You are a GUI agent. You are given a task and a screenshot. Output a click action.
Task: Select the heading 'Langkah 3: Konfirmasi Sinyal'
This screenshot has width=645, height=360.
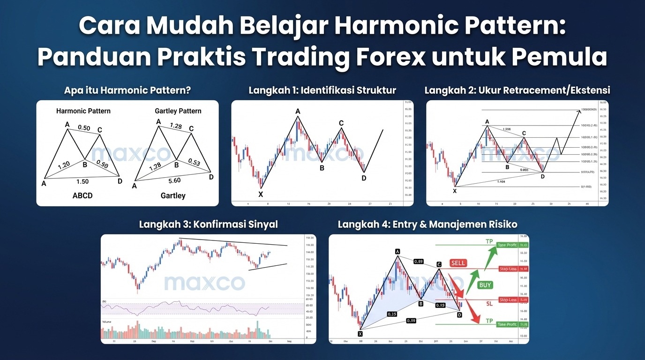point(208,225)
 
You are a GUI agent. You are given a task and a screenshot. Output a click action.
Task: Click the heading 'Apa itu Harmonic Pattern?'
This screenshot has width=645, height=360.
point(127,90)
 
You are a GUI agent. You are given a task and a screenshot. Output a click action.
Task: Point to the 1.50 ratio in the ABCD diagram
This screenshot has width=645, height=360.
point(82,181)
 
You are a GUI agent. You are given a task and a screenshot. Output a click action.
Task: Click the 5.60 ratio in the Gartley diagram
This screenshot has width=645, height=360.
point(175,180)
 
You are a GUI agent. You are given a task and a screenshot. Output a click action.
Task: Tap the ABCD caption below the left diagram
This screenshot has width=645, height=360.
point(82,195)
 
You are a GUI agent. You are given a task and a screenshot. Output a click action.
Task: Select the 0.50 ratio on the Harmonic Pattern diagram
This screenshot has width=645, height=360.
point(84,127)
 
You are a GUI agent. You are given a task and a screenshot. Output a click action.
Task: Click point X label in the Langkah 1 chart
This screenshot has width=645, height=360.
point(261,194)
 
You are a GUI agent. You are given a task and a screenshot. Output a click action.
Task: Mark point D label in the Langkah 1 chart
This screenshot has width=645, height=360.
point(364,178)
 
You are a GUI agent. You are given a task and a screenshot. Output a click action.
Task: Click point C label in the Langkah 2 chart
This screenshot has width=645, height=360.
point(524,133)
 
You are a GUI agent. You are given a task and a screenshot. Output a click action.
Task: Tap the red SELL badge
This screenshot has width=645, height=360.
point(458,263)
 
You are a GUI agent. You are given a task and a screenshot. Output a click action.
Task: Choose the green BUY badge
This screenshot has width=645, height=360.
point(485,285)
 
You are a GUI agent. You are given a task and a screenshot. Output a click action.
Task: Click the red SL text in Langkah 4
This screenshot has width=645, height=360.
point(489,304)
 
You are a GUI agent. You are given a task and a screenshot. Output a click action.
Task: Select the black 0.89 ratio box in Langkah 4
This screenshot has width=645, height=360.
point(419,261)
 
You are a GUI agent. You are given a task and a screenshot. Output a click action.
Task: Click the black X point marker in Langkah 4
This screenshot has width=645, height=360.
point(360,334)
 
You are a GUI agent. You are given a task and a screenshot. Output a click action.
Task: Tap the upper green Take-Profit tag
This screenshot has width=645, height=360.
point(507,245)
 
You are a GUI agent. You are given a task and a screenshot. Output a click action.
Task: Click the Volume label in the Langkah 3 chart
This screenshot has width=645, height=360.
point(107,322)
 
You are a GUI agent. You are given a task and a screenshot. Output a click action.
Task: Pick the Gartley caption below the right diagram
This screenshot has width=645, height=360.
point(173,195)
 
